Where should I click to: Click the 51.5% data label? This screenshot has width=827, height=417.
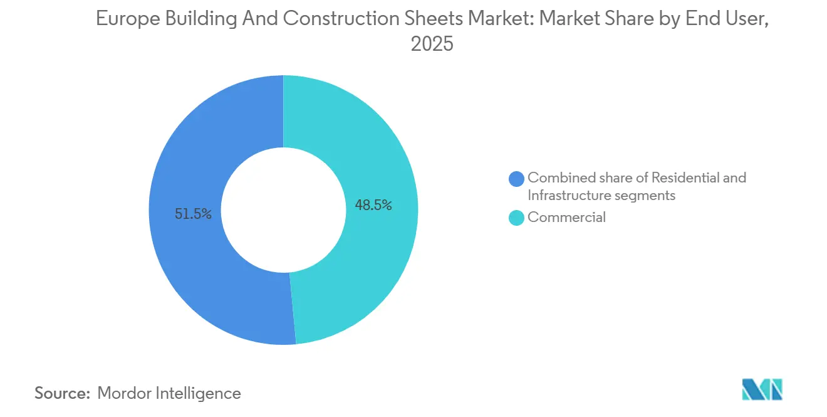pos(193,214)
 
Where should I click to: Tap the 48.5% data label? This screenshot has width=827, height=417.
pos(373,204)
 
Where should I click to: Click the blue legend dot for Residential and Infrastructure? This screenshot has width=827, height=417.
pos(517,179)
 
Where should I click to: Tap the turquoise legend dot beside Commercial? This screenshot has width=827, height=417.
pos(517,218)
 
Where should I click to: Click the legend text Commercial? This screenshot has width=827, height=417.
pos(566,218)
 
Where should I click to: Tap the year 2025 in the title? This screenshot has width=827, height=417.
pos(432,45)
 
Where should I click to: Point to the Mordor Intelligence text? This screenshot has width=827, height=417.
pos(169,393)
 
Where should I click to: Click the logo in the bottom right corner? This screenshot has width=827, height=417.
pos(762,389)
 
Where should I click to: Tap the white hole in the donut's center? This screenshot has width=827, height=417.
pos(283,210)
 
